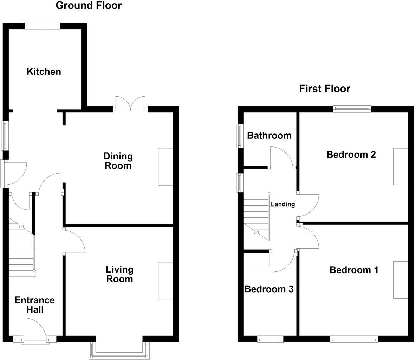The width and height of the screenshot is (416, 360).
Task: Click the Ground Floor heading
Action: (89, 6)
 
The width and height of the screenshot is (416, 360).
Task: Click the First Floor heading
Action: (324, 89)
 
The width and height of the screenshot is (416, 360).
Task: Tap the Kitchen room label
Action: (44, 72)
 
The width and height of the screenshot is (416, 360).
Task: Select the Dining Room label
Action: (118, 161)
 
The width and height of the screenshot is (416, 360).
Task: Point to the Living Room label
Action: (119, 274)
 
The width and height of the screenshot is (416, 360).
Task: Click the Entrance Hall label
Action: (34, 305)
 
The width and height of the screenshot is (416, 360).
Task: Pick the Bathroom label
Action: (269, 136)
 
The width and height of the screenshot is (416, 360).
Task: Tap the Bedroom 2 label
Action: (351, 155)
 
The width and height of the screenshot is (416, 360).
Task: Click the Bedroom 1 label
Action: (354, 270)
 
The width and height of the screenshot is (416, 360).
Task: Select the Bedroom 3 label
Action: (269, 289)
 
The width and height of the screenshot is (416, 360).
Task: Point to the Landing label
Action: (282, 204)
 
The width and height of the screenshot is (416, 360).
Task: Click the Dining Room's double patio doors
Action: (130, 104)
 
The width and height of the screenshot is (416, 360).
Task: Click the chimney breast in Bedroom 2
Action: (401, 166)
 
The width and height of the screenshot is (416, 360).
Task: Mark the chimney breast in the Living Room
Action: (165, 280)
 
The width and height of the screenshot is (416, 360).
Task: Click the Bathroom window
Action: (240, 136)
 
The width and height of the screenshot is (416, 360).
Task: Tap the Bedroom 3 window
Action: (270, 339)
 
